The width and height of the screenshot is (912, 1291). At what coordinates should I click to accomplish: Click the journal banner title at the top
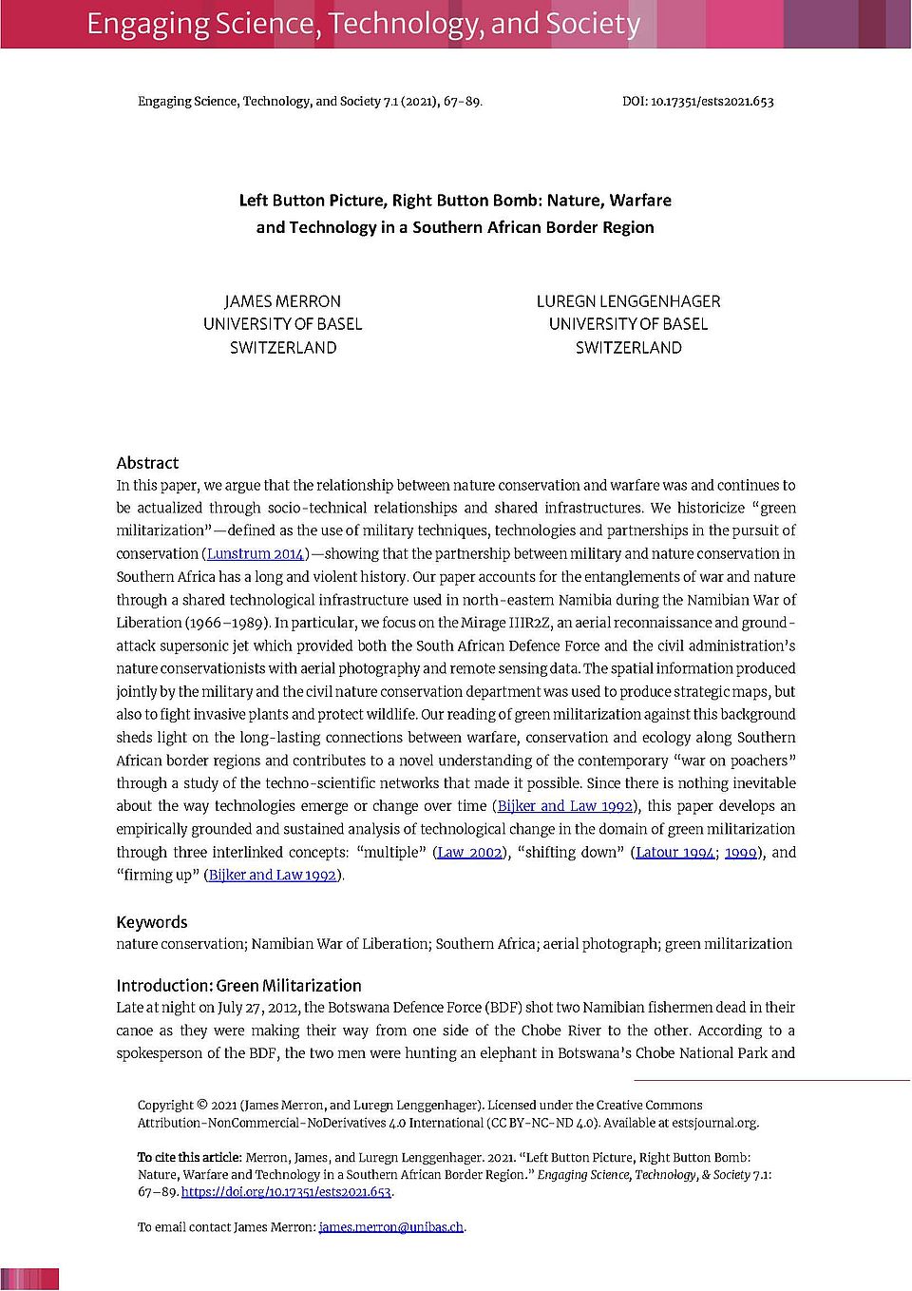point(363,24)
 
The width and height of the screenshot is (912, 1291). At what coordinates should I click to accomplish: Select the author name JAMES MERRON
point(282,301)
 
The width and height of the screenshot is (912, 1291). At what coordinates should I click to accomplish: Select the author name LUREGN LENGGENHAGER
point(628,301)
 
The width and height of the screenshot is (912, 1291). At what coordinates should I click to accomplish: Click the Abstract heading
point(147,463)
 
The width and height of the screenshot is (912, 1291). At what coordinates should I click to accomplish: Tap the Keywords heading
point(152,922)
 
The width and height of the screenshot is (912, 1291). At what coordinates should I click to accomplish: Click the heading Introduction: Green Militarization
point(238,986)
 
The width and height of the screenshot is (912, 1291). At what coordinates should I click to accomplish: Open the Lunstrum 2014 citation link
point(256,554)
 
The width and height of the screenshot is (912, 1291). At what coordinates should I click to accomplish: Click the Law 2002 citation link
point(469,853)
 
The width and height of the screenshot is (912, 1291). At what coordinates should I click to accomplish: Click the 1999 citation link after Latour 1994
point(741,853)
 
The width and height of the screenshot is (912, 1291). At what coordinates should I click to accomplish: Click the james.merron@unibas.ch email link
point(391,1227)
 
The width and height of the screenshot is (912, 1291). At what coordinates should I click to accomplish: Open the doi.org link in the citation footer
point(286,1192)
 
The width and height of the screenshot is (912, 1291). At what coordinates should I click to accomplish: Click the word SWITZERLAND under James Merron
point(282,348)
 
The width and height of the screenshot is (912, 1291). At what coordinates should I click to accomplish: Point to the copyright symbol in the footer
point(201,1105)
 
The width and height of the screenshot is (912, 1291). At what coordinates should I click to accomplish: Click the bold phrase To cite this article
point(189,1158)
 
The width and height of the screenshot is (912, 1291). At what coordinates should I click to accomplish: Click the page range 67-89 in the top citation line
point(461,101)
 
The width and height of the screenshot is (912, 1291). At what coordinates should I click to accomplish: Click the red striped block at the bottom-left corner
point(29,1279)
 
